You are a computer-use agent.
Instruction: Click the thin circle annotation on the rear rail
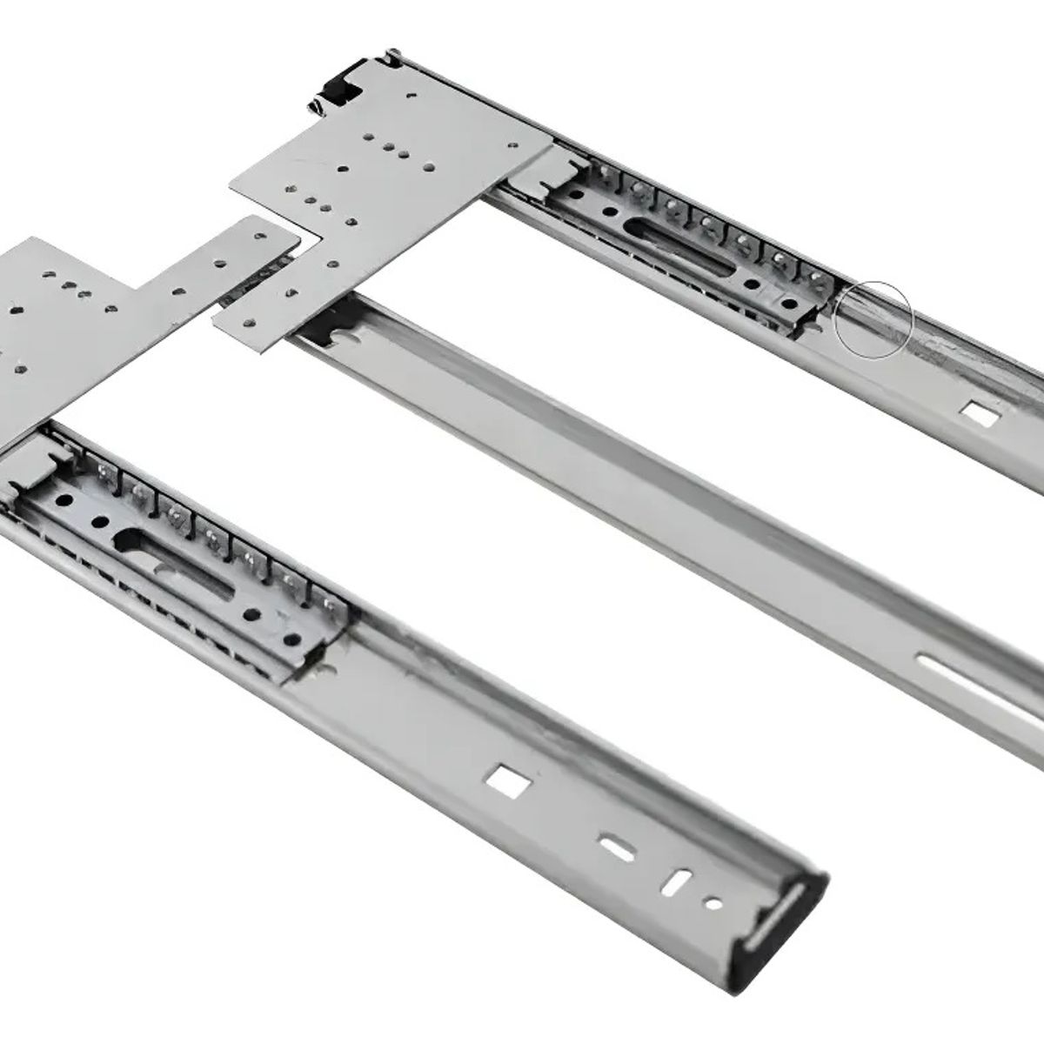[x=873, y=318]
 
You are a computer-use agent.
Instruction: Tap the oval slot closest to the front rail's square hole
[x=612, y=842]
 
